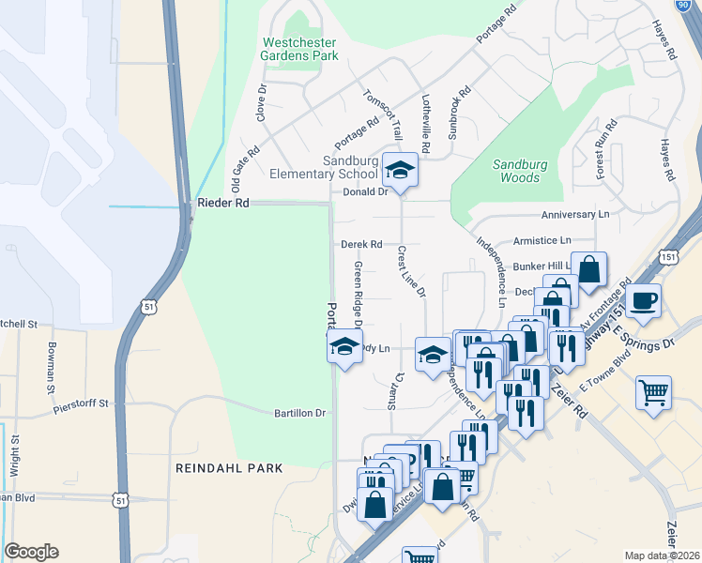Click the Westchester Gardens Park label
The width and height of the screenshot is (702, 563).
tap(299, 49)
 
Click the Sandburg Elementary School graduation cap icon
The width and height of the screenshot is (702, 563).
tap(401, 171)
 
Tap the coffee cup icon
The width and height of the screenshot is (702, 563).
tap(644, 300)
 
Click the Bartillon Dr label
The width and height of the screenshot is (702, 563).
tap(299, 413)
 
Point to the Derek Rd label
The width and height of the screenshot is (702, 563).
tap(361, 244)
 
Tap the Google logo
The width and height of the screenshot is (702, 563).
tap(32, 552)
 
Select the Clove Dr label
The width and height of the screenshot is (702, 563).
tap(262, 103)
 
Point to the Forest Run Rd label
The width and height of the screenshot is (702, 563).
tap(605, 149)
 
